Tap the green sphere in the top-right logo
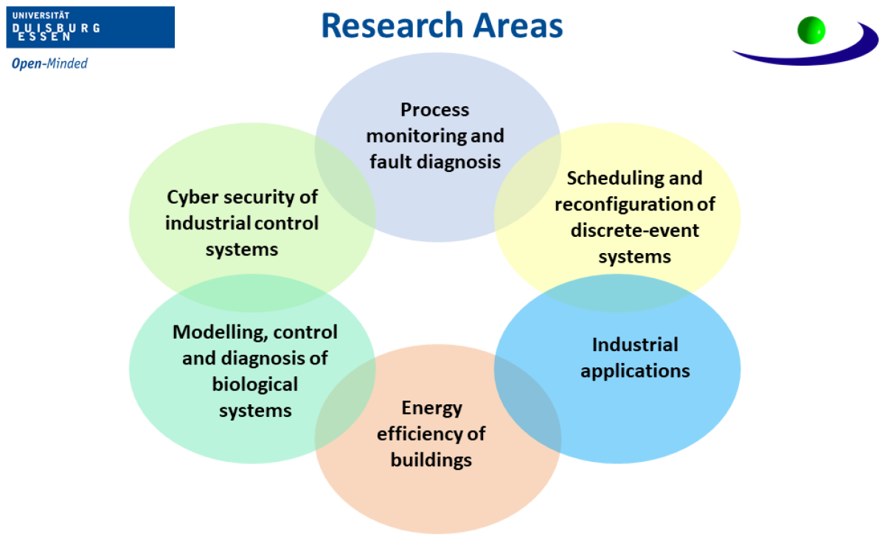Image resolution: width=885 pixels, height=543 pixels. click(811, 30)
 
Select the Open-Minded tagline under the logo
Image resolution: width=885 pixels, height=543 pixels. click(49, 63)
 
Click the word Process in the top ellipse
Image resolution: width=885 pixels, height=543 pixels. click(435, 110)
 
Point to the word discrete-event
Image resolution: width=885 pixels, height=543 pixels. click(635, 230)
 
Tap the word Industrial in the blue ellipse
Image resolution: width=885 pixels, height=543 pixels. click(635, 345)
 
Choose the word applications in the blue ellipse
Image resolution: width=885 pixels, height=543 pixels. click(635, 370)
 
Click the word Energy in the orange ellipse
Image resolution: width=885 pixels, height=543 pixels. click(431, 408)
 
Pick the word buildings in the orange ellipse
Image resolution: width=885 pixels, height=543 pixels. click(431, 460)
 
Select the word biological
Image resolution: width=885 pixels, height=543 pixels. click(255, 384)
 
